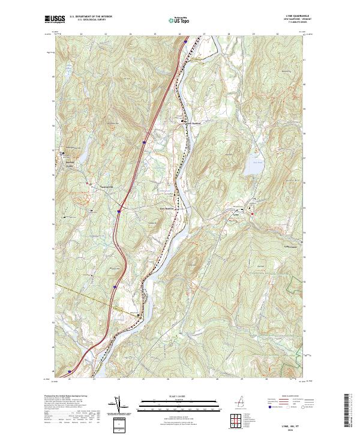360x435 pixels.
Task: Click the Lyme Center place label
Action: point(293,246)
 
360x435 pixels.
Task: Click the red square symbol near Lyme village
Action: point(253,213)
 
